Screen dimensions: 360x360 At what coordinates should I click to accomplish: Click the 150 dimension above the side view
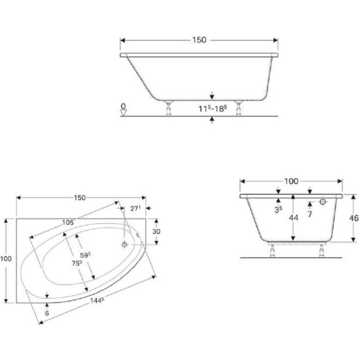(x=199, y=40)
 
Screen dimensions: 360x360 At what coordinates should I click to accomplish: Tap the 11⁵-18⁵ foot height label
(x=212, y=108)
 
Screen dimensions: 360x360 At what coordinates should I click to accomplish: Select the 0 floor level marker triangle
(x=123, y=112)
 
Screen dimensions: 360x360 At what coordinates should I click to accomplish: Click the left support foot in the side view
(x=168, y=108)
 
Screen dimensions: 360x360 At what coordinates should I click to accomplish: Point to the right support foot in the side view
(x=238, y=108)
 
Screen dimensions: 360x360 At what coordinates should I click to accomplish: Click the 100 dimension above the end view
(x=291, y=181)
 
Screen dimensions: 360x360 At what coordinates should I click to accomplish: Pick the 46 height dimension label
(x=354, y=218)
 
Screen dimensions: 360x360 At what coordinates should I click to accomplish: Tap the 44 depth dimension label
(x=294, y=218)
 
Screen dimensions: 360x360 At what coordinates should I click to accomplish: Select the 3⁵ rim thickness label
(x=278, y=209)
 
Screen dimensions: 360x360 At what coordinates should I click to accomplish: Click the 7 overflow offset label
(x=310, y=214)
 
